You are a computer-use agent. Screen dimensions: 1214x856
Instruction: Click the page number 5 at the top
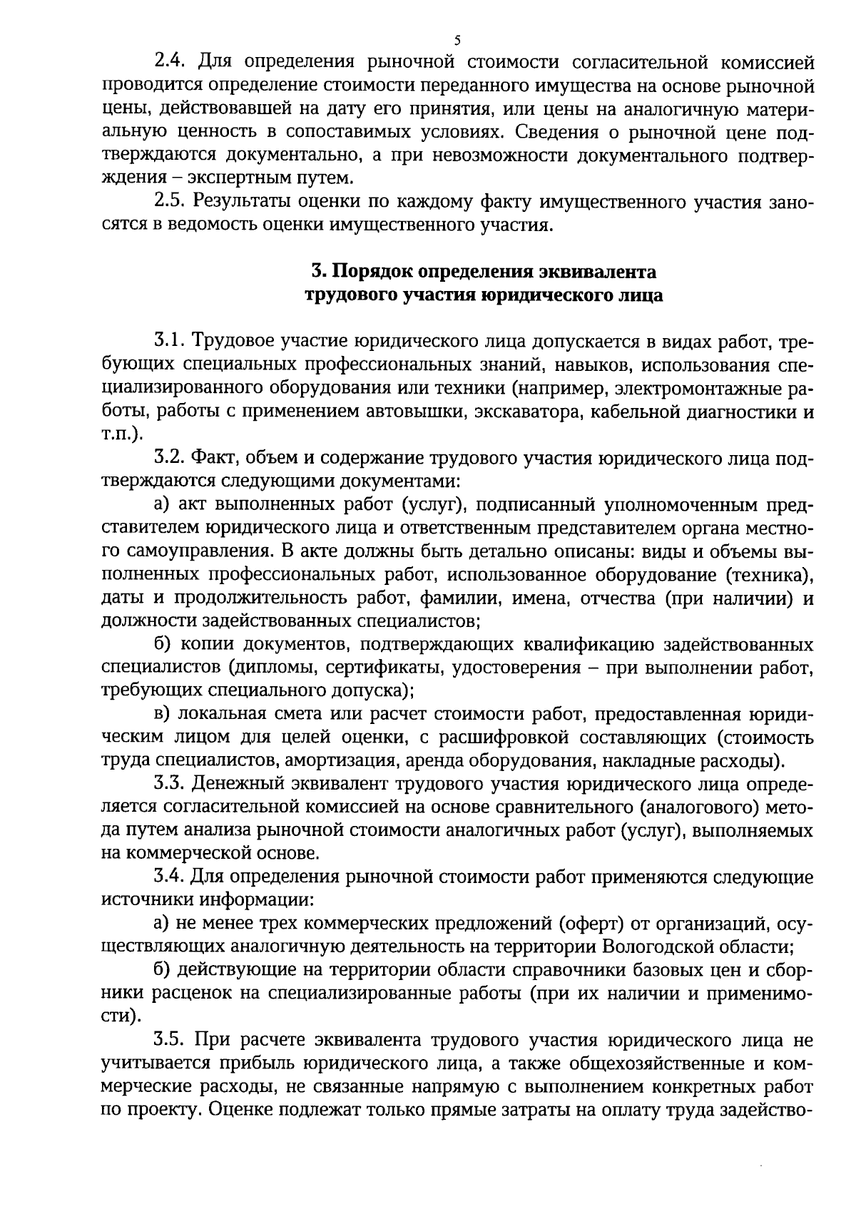pyautogui.click(x=457, y=41)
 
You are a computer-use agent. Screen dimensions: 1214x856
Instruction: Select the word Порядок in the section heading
pyautogui.click(x=371, y=272)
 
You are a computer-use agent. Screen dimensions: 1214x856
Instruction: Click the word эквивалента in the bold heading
pyautogui.click(x=608, y=272)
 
